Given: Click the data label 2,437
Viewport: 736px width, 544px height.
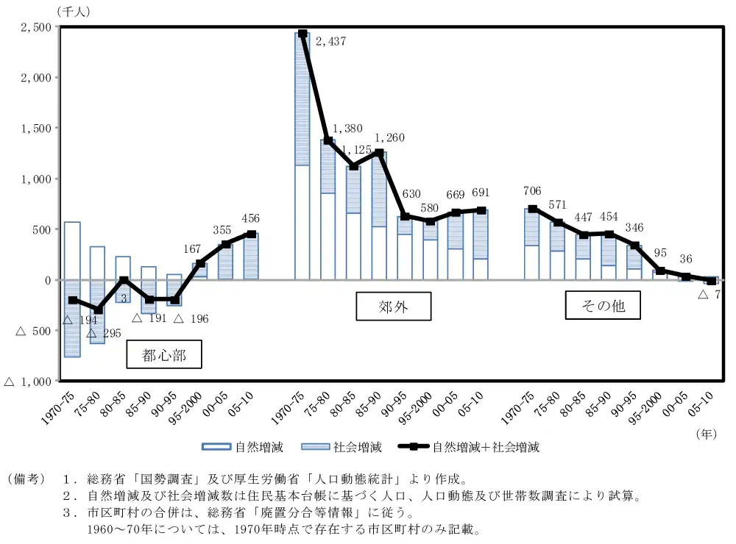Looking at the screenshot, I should tap(330, 42).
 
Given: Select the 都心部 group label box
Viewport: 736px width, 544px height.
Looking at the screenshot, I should tap(164, 356).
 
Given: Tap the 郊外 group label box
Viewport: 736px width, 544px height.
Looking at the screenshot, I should tap(393, 307).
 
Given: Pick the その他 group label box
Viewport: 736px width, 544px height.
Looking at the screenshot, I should tap(603, 305).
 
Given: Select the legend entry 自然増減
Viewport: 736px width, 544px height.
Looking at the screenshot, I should tap(243, 446).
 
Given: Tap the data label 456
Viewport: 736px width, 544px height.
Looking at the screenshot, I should tap(251, 218).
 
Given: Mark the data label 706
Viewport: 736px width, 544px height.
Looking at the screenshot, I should tap(531, 191).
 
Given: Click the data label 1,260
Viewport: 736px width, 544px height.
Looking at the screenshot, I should tap(389, 137).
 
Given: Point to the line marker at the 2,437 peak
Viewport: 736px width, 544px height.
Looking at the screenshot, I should tap(302, 34).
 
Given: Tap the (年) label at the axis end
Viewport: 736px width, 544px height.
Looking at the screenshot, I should tap(706, 434).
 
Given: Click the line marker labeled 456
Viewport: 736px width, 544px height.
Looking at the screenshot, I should tap(251, 235).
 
